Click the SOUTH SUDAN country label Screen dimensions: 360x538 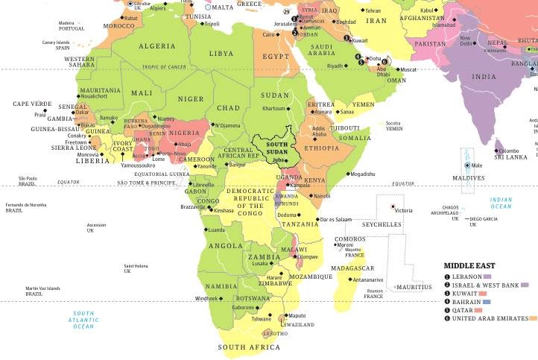278,148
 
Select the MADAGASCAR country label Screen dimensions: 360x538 351,268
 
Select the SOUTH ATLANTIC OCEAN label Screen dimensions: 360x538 83,319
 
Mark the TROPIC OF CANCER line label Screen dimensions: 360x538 164,67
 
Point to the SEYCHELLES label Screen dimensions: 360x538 382,224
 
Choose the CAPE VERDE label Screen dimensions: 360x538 32,104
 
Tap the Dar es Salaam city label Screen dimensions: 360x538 335,219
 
